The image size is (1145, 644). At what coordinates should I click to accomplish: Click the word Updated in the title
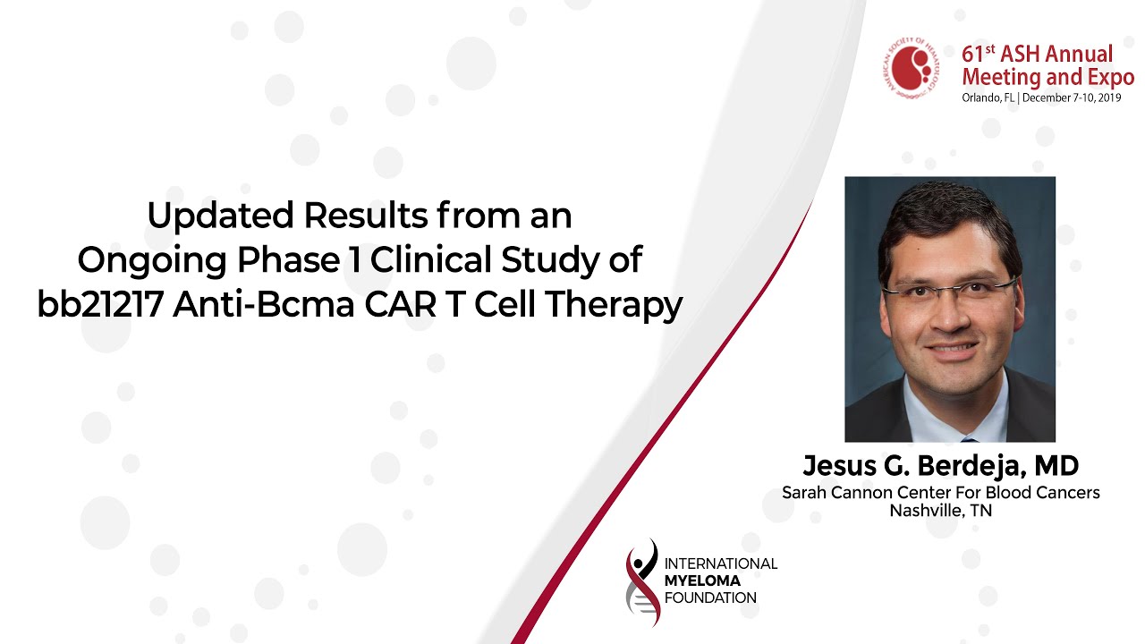tap(220, 216)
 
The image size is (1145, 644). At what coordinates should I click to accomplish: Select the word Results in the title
tap(366, 216)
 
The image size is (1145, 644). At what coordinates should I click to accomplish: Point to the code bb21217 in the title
tap(100, 305)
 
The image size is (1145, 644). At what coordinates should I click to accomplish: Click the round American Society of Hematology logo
tap(913, 67)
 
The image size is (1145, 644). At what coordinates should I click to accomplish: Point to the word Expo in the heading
tap(1111, 78)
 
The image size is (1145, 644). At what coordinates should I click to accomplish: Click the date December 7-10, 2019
tap(1072, 97)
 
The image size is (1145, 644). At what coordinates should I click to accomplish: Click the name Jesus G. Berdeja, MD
tap(940, 466)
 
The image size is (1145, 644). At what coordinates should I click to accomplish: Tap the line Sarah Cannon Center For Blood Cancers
tap(940, 492)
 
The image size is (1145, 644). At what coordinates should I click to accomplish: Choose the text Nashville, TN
tap(940, 511)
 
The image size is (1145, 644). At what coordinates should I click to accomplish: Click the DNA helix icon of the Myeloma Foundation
tap(642, 582)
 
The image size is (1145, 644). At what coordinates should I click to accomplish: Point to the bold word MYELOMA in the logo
tap(702, 580)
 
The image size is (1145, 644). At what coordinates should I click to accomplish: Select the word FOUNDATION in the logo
tap(710, 597)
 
